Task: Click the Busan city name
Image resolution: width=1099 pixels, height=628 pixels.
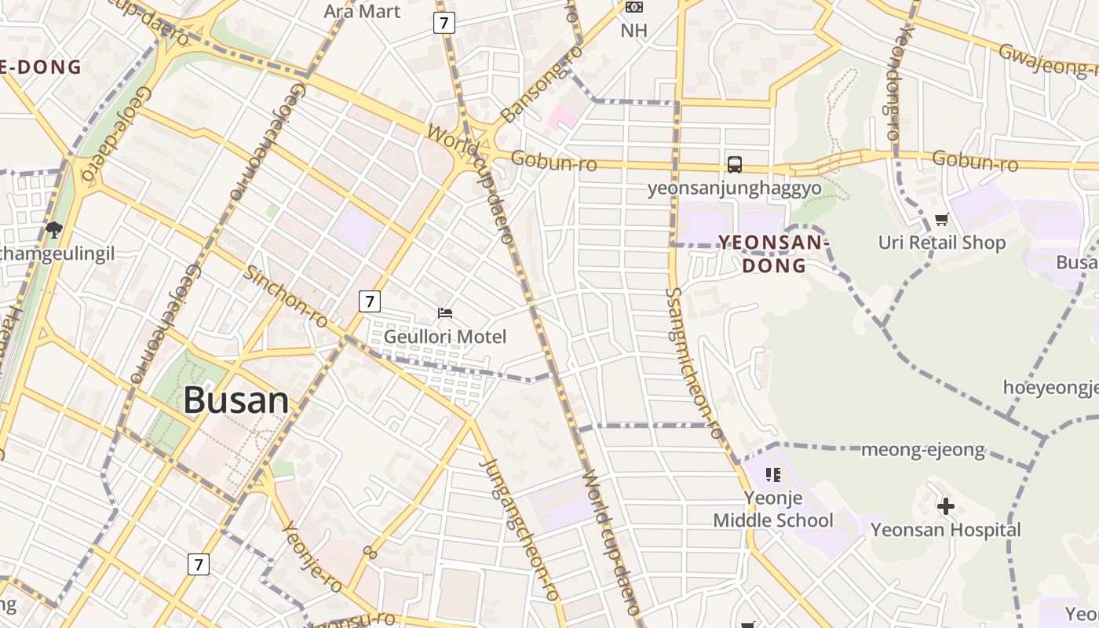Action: pyautogui.click(x=236, y=400)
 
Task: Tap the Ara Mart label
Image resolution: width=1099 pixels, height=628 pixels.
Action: pyautogui.click(x=362, y=11)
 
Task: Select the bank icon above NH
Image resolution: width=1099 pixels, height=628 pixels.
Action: pyautogui.click(x=633, y=7)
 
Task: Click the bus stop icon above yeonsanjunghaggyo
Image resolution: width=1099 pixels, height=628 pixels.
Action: pyautogui.click(x=735, y=165)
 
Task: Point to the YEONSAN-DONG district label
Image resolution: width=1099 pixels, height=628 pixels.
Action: pyautogui.click(x=774, y=254)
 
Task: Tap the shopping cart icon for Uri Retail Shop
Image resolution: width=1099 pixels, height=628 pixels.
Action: pyautogui.click(x=941, y=220)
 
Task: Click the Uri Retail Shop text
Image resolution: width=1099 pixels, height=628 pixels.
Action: pyautogui.click(x=941, y=243)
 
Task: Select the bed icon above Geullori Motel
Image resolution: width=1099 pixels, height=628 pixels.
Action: pyautogui.click(x=445, y=313)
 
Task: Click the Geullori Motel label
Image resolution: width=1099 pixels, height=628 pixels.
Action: pyautogui.click(x=445, y=337)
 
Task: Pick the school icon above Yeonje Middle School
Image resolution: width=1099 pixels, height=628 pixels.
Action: pyautogui.click(x=773, y=475)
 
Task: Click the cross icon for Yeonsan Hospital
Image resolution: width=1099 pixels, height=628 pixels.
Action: pyautogui.click(x=946, y=507)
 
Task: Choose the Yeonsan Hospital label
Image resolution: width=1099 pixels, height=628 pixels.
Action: pyautogui.click(x=946, y=530)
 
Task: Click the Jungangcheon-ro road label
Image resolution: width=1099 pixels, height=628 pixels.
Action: pyautogui.click(x=521, y=531)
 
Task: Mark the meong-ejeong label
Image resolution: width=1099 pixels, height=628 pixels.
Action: pyautogui.click(x=922, y=450)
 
